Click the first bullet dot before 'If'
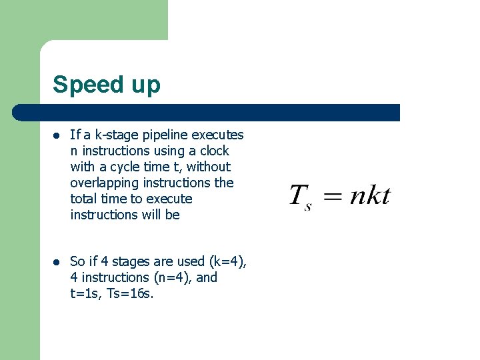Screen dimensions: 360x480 click(57, 135)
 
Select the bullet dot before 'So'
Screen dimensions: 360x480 click(57, 262)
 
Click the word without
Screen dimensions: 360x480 click(208, 167)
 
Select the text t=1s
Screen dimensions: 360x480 click(85, 293)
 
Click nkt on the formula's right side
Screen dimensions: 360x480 click(370, 195)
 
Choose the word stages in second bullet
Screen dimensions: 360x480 click(135, 261)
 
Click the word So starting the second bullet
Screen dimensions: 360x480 click(77, 261)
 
